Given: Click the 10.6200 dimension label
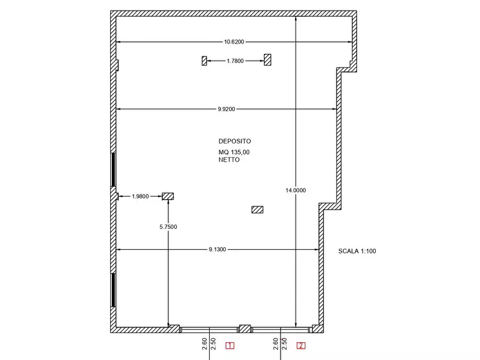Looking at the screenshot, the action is coord(234,41).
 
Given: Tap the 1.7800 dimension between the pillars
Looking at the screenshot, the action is coord(235,61).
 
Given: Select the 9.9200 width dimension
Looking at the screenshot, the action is coord(226,109).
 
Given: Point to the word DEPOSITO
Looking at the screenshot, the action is coord(235,141).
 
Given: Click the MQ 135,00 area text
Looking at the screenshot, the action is coord(234,152).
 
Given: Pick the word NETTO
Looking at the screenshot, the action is coord(229,160).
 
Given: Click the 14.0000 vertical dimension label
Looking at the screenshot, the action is coord(296,190).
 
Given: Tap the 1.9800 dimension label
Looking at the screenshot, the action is coord(140,196).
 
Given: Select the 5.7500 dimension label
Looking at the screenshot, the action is coord(168,227).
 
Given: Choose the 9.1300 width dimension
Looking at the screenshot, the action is coord(217,249).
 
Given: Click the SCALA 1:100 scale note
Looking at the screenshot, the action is coord(357,251).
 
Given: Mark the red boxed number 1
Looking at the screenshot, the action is coord(230,345).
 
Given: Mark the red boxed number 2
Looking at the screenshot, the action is coord(301,345).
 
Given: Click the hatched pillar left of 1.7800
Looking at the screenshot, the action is coord(204,61).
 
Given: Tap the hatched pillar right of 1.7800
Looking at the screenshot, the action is coord(268,60).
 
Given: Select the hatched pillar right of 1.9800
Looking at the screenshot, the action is coord(168,196).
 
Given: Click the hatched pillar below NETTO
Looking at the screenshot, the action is coord(257,210).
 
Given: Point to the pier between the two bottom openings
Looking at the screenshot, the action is coord(245,329).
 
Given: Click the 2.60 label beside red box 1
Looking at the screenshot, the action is coord(204,344).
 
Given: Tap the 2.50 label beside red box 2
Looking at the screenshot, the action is coord(284,344).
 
